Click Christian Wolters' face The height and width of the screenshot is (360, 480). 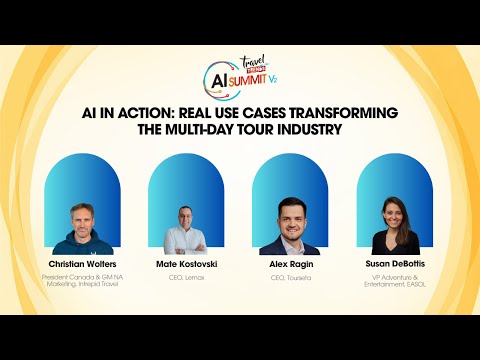click(82, 218)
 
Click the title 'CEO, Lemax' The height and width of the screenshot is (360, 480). click(186, 277)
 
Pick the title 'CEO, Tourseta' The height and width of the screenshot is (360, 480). click(291, 277)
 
